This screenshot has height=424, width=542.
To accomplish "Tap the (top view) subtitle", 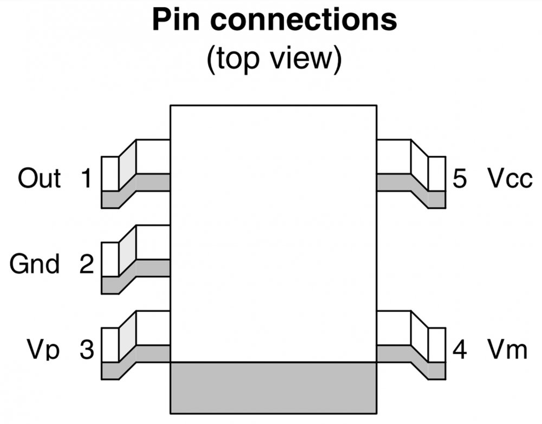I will point(274,59).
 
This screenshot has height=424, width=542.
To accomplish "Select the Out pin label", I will point(39,178).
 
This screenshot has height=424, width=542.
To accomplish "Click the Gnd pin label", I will point(35,265).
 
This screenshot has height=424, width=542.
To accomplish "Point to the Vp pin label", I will point(44,350).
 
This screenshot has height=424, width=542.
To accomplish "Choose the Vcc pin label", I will point(509,178).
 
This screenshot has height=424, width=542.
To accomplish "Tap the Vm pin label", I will point(506,350).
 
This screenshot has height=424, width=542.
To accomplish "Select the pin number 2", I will point(86,265).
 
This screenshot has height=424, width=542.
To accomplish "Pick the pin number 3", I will point(86,350).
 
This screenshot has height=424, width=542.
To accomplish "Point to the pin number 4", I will point(459,350).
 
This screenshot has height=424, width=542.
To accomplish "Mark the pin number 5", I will point(459,178).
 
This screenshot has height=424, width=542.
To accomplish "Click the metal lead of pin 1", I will point(135,174).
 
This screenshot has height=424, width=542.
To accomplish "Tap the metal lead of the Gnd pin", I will point(135,259).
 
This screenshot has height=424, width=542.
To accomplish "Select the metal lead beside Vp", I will point(135,345).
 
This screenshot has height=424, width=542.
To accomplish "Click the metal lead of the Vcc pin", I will point(410,174).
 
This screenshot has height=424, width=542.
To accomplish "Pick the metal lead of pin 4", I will point(410,345).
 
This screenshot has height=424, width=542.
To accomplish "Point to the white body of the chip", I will point(274,233).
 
